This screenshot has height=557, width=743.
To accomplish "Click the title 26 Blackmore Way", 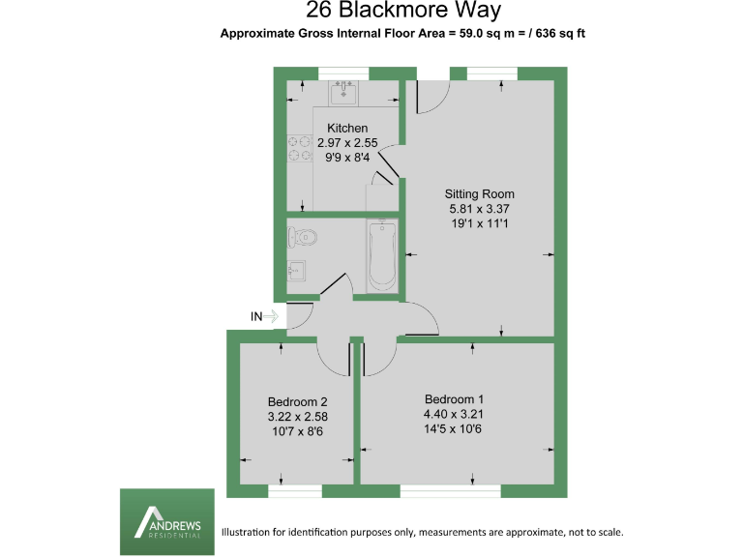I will point(403,12).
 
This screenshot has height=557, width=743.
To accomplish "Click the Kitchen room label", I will point(347,129).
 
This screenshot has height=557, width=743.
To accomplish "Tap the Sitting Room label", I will point(479,193).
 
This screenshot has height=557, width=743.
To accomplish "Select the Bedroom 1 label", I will point(454,399).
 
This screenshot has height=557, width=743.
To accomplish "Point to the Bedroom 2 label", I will point(298,402).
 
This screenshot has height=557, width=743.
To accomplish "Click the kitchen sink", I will point(343,94).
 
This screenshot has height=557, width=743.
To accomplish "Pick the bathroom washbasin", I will point(297,270).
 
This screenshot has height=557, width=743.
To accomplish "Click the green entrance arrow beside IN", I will point(272,316).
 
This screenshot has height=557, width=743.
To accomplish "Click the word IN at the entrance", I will point(256,316).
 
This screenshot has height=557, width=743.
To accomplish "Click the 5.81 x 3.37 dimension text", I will point(479,208).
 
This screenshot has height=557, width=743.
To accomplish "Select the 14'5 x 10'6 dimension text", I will point(454,428).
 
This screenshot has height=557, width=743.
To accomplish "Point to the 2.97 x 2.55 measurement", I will point(347,142).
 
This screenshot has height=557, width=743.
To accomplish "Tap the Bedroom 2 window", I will point(294,491).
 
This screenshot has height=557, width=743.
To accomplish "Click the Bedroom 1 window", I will point(450,491).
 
